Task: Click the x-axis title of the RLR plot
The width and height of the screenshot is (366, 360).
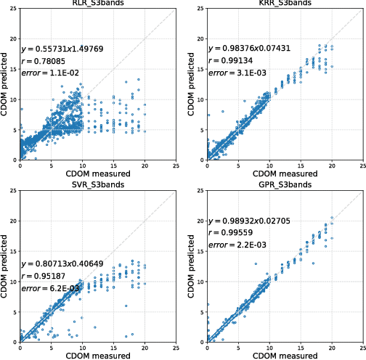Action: click(98, 173)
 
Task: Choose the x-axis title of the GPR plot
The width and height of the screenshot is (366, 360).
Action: click(285, 355)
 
